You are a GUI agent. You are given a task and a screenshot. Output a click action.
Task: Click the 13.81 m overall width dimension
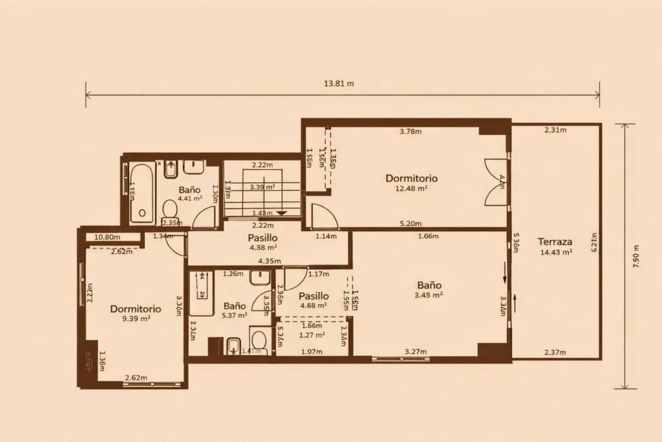pyautogui.click(x=339, y=83)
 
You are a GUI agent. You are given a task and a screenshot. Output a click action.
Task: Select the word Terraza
pyautogui.click(x=555, y=242)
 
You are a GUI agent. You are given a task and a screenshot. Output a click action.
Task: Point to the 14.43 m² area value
pyautogui.click(x=556, y=252)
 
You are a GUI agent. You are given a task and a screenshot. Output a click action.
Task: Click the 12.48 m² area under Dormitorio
pyautogui.click(x=412, y=188)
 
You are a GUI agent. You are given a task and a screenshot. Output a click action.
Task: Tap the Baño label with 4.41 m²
pyautogui.click(x=189, y=190)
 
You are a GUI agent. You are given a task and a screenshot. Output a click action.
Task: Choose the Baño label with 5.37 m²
pyautogui.click(x=235, y=305)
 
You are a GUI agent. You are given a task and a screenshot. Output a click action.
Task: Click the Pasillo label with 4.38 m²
pyautogui.click(x=263, y=238)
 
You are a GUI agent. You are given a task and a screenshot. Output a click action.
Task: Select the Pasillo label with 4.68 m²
pyautogui.click(x=314, y=296)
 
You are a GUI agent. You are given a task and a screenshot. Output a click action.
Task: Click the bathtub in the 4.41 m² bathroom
pyautogui.click(x=142, y=193)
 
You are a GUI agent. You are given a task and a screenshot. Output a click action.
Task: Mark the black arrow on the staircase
pyautogui.click(x=281, y=213)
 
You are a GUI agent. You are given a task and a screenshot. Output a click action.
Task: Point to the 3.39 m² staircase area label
pyautogui.click(x=262, y=186)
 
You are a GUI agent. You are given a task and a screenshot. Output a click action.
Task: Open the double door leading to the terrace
pyautogui.click(x=496, y=182)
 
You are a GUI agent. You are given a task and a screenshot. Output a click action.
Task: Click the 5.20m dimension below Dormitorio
pyautogui.click(x=411, y=224)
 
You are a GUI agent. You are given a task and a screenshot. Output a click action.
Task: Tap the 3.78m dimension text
pyautogui.click(x=411, y=132)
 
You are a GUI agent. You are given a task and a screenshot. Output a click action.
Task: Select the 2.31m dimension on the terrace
pyautogui.click(x=555, y=130)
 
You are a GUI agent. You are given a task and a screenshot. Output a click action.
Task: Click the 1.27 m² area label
pyautogui.click(x=312, y=335)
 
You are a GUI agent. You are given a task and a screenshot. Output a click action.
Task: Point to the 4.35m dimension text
pyautogui.click(x=269, y=261)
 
